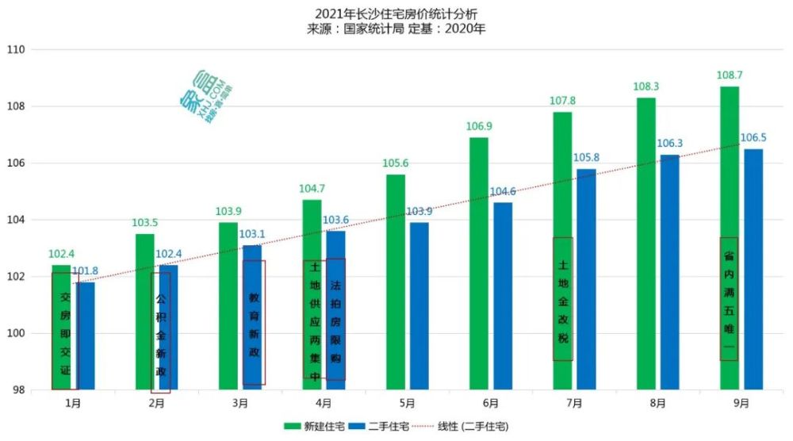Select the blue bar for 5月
coord(419,305)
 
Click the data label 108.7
coord(729,75)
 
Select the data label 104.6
coord(503,191)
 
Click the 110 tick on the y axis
coord(17,49)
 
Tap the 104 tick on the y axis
coord(17,220)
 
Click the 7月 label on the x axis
coord(574,404)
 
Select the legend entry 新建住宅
coord(310,426)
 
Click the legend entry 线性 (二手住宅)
coord(471,426)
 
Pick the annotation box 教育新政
coord(254,322)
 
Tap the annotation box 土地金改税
coord(563,299)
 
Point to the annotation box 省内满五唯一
coord(729,299)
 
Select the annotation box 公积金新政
coord(161,332)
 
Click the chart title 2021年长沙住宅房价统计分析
coord(396,14)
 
